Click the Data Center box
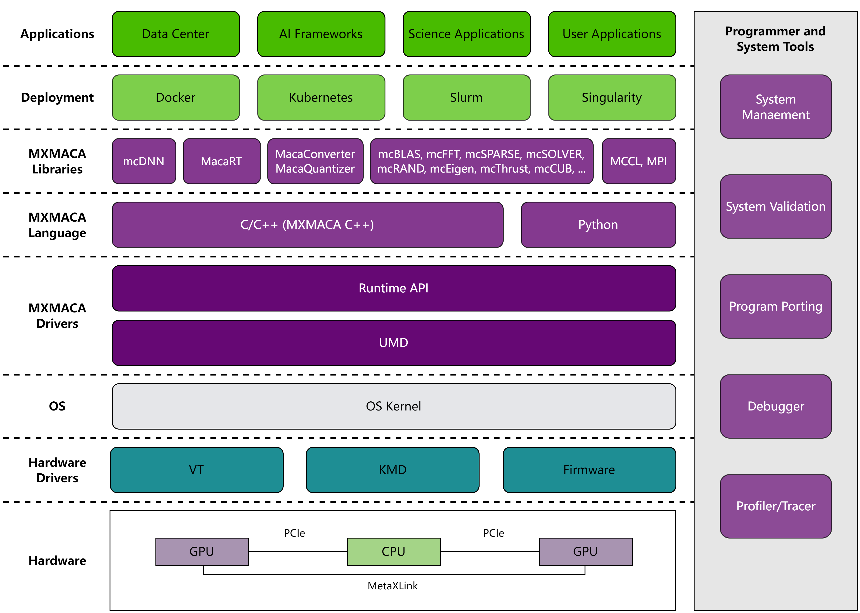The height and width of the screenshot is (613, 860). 176,34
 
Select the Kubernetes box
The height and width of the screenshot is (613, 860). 321,97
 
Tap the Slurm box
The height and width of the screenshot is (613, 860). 466,97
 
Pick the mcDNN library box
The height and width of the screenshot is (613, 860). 144,161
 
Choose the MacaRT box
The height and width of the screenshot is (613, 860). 221,161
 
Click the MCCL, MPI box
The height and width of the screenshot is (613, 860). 639,161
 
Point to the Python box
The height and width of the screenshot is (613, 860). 598,225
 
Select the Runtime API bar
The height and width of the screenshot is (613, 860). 394,288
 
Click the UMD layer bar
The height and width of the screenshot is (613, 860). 394,342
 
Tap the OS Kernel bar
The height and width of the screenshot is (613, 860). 394,406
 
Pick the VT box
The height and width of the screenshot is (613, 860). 197,470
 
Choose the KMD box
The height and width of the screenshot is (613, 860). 392,470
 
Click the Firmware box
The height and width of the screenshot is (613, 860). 589,470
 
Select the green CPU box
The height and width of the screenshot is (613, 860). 394,551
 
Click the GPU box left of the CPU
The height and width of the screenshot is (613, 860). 202,551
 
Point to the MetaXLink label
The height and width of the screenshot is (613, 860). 392,586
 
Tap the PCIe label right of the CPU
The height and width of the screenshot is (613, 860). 493,533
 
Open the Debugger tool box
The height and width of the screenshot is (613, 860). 776,406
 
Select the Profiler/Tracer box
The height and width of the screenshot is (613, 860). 776,506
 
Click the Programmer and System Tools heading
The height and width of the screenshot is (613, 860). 775,39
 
